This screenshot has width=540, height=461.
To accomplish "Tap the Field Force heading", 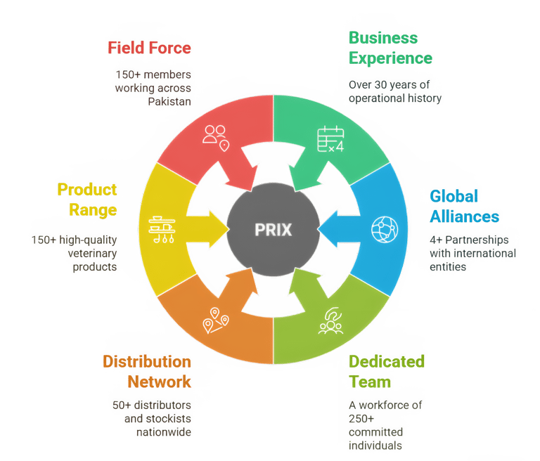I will (149, 48).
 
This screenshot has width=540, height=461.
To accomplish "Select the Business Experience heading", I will (390, 48).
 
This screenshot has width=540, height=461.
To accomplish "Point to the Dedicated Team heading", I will (387, 372).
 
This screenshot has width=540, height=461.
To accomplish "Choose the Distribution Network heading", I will (147, 372).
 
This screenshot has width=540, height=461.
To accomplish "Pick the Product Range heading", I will (86, 200).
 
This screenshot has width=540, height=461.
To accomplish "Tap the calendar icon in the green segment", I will (330, 138).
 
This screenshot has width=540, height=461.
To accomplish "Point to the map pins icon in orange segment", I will (216, 320).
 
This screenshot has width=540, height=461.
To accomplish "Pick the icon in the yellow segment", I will (162, 229).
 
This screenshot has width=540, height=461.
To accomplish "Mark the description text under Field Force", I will (153, 88).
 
